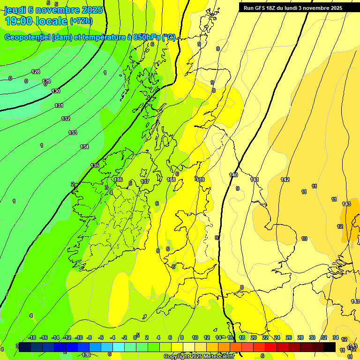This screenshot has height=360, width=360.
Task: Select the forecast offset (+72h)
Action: click(81, 21)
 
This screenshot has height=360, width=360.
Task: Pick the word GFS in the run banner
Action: click(262, 8)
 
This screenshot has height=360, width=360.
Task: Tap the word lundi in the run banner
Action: click(296, 8)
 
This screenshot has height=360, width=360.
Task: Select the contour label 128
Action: click(36, 72)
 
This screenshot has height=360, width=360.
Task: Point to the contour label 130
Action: click(56, 91)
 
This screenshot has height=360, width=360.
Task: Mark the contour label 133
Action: click(73, 133)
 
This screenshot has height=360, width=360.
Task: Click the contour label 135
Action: click(95, 165)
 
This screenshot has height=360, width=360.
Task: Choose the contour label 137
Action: click(145, 181)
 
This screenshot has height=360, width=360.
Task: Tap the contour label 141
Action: click(255, 180)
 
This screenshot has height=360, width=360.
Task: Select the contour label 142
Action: click(285, 180)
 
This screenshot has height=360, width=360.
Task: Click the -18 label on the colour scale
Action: click(32, 337)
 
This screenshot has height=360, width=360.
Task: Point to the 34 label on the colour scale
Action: click(336, 337)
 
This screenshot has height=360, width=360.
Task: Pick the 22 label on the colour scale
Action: click(265, 337)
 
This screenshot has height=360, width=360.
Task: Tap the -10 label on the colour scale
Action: click(78, 337)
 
